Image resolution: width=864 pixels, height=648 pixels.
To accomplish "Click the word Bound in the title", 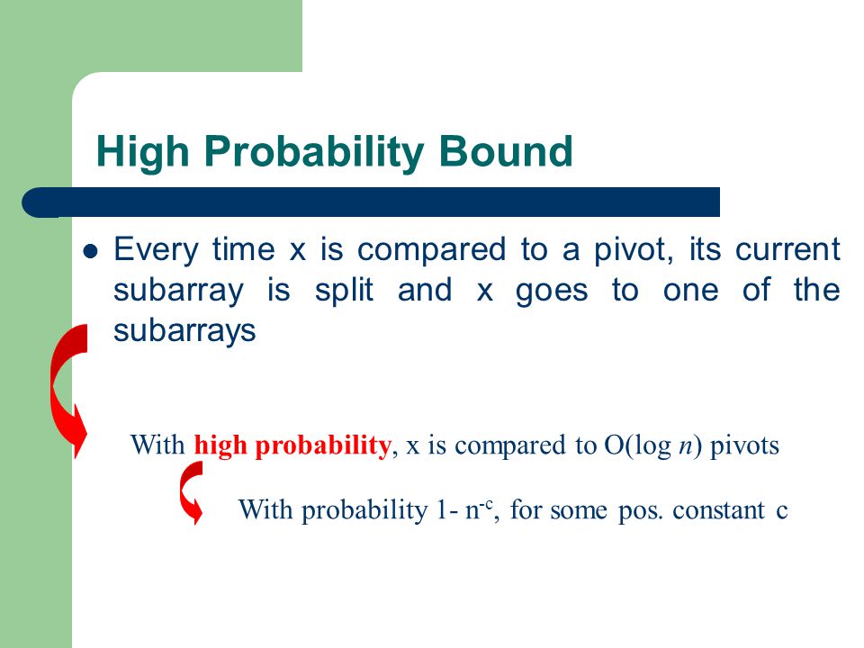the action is click(506, 150).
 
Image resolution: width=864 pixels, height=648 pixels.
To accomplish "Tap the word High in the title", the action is click(142, 151).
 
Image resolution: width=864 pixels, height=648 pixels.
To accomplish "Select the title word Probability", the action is click(314, 151).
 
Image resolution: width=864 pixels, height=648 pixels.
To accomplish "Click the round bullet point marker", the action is click(90, 252).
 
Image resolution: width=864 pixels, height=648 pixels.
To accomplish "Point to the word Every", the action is click(156, 250).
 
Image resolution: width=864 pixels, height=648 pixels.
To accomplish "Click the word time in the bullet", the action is click(244, 248).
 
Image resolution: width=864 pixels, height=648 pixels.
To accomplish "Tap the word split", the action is click(344, 291).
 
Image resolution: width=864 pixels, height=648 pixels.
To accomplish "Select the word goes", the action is click(552, 292).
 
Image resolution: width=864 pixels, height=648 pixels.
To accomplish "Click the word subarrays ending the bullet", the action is click(184, 330).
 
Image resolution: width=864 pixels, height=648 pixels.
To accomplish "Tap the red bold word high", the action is click(220, 445).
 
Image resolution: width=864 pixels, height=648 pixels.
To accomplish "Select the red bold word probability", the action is click(323, 445).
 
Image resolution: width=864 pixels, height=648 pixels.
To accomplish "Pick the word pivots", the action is click(744, 445).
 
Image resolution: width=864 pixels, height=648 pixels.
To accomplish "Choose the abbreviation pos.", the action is click(639, 511).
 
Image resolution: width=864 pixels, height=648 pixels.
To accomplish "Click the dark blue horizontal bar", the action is click(371, 202).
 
